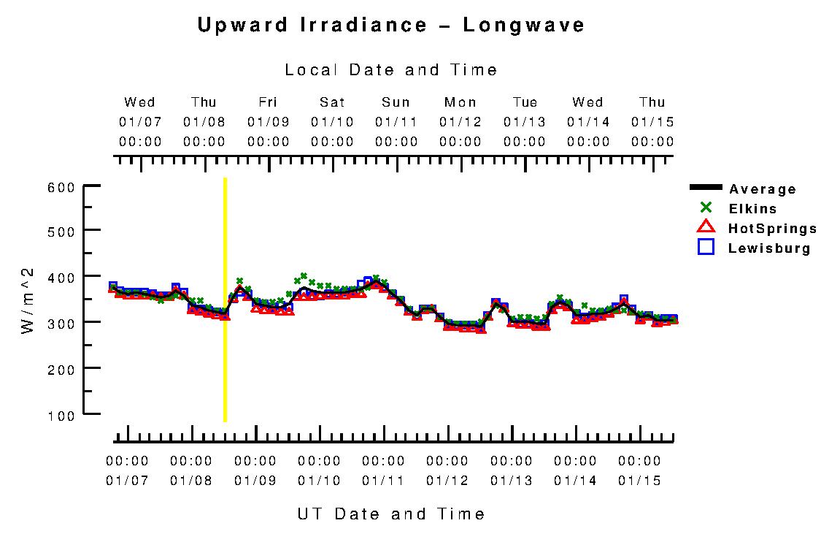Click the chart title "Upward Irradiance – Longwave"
tap(391, 26)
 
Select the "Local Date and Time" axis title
tap(391, 70)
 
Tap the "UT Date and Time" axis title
tap(391, 514)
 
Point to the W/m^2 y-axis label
tap(28, 300)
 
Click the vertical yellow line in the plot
tap(225, 300)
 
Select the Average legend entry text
tap(763, 190)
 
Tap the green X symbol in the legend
tap(706, 208)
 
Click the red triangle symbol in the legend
tap(706, 227)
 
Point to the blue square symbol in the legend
tap(706, 247)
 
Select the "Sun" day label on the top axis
tap(396, 102)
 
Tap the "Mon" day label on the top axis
tap(460, 102)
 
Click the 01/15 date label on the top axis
tap(652, 122)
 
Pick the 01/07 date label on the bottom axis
tap(127, 481)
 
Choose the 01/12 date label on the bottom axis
tap(447, 481)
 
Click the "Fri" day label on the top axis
tap(269, 102)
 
